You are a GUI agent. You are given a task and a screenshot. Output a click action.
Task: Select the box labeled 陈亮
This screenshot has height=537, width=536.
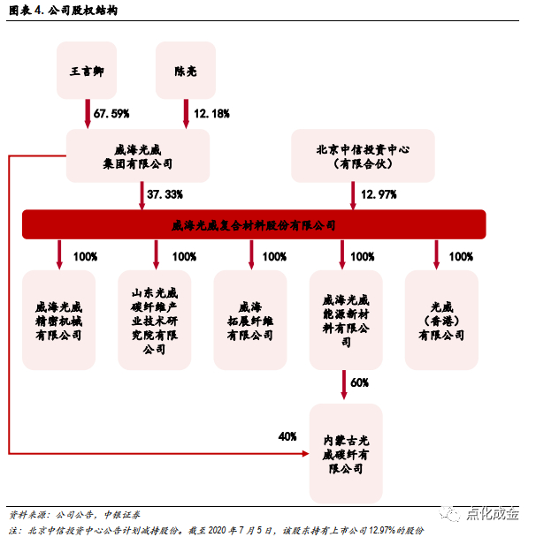click(186, 70)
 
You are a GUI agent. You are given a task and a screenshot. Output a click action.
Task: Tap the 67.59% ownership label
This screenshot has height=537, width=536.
click(111, 113)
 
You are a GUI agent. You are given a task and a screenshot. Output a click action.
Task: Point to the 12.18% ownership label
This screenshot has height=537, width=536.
click(211, 113)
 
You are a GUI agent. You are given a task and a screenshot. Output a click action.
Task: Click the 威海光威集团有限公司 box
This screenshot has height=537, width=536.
click(138, 156)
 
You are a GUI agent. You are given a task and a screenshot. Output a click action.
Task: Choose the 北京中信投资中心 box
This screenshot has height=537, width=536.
click(363, 156)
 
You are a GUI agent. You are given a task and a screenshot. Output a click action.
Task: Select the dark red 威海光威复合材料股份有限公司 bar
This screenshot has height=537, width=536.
click(254, 224)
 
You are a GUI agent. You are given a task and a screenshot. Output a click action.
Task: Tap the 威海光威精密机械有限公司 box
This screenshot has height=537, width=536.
click(59, 319)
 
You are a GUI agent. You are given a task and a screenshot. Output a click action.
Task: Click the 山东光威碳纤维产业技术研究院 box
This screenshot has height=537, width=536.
click(155, 319)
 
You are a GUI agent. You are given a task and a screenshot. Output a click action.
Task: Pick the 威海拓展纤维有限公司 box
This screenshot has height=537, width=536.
click(250, 319)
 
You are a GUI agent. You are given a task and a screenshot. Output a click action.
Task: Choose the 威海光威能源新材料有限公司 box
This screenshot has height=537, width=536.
click(346, 319)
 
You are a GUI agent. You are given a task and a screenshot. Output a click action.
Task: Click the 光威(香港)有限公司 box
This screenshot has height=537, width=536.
click(441, 319)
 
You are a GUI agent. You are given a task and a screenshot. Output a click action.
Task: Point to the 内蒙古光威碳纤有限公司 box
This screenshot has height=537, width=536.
click(346, 452)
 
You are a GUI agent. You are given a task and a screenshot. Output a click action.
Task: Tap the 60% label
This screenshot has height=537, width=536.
click(359, 383)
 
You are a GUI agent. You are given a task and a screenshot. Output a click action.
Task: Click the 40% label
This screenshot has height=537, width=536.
click(287, 436)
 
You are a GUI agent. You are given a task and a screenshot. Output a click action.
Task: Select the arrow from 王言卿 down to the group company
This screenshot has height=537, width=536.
click(87, 114)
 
